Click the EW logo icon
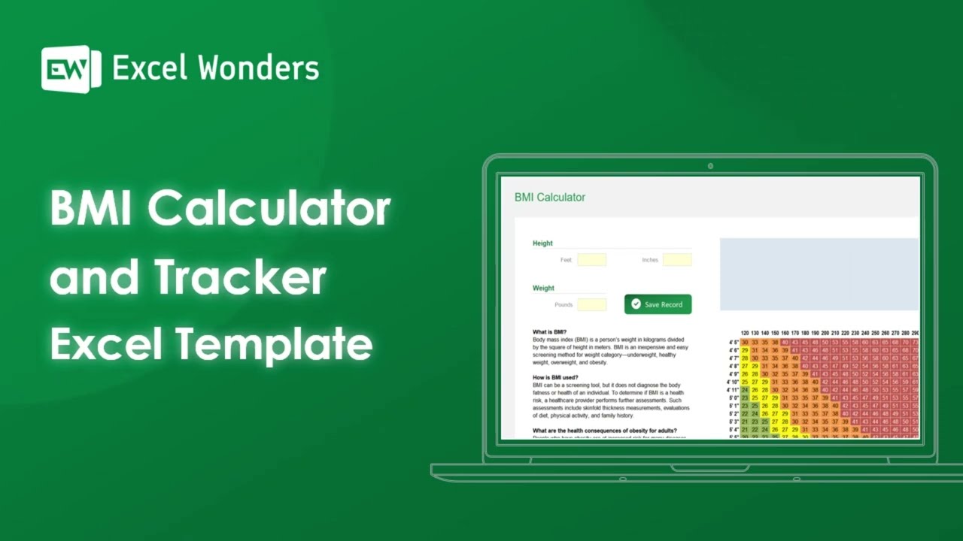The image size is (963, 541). tap(71, 69)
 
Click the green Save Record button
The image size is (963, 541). tap(658, 304)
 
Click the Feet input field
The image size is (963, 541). tap(591, 260)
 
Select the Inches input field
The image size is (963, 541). tap(677, 260)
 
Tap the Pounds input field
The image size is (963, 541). tap(591, 304)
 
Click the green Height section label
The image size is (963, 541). tap(542, 243)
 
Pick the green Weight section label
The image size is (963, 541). tap(543, 288)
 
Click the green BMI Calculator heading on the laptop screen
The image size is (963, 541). tap(550, 198)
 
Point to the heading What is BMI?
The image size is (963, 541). tap(550, 332)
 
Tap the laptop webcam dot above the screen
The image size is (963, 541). tap(710, 166)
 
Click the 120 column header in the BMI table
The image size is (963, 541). tap(745, 333)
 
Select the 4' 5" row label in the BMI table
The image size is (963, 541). tap(734, 343)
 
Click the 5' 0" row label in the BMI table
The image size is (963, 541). tap(734, 398)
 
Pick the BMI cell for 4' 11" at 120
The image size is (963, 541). tap(745, 390)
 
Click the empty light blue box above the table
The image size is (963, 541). tap(819, 274)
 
